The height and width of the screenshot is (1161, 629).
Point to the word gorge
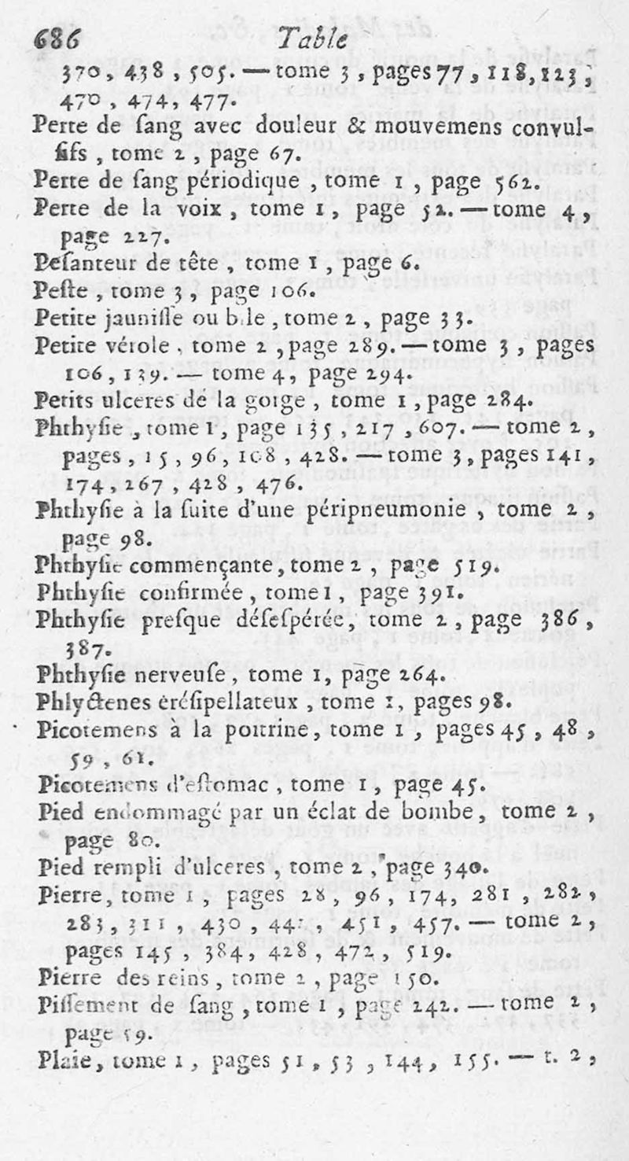click(x=271, y=400)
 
